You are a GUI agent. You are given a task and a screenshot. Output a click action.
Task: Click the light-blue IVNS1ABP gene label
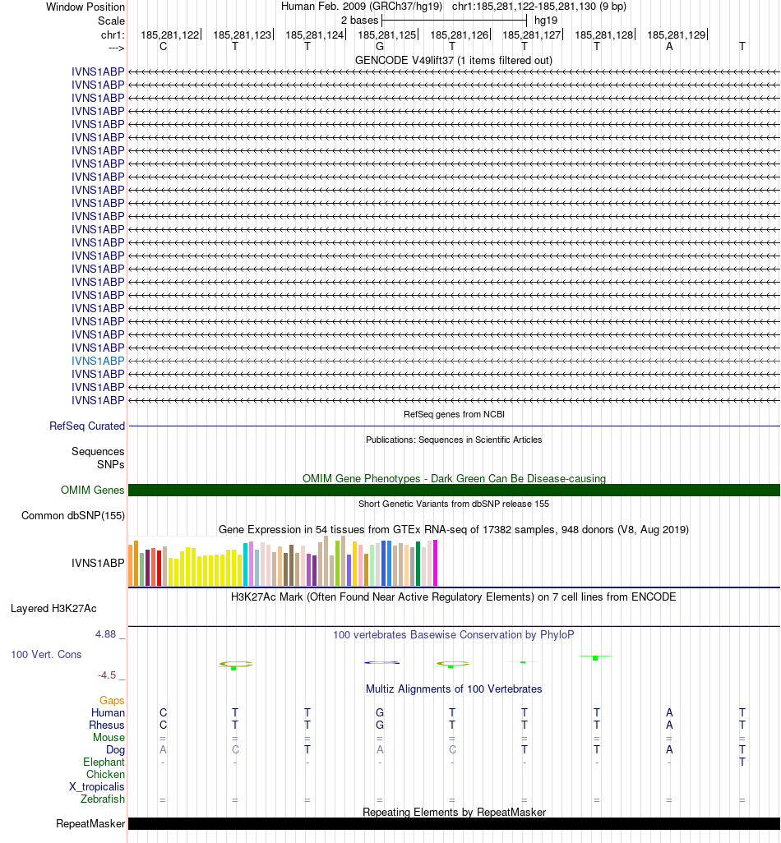click(99, 361)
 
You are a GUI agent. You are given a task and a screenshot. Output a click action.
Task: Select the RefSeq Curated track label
click(87, 426)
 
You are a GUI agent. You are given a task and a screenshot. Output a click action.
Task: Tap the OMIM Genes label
click(93, 491)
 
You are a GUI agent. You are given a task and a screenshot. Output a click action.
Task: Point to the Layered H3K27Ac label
click(53, 609)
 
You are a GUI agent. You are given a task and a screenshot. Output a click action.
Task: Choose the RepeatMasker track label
click(90, 823)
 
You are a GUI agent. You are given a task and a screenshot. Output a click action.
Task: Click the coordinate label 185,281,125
click(386, 35)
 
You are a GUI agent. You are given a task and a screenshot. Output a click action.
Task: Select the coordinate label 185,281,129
click(676, 35)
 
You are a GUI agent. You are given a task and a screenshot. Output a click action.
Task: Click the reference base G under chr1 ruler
click(380, 47)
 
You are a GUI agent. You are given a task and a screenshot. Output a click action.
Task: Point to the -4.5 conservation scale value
click(107, 675)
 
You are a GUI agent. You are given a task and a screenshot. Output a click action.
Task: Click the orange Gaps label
click(112, 700)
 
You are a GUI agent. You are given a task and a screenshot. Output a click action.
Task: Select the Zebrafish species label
click(103, 799)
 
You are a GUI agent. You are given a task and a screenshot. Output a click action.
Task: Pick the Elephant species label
click(104, 762)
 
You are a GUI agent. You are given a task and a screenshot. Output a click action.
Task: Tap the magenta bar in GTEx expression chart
click(435, 563)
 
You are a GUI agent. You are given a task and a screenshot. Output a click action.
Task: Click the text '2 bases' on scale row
click(359, 20)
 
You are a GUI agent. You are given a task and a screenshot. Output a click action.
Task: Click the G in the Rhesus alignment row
click(380, 726)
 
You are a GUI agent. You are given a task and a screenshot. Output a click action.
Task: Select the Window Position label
click(85, 7)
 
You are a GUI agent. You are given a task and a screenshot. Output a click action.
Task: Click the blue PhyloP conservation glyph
click(381, 662)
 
